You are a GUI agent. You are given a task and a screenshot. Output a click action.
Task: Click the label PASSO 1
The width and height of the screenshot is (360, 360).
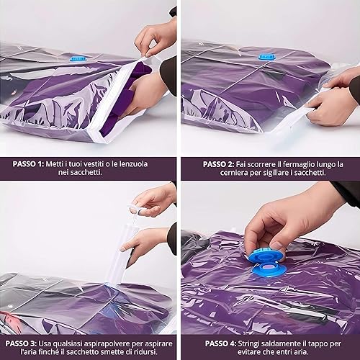28,164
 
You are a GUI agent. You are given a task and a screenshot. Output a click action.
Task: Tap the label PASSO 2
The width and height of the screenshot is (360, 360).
218,164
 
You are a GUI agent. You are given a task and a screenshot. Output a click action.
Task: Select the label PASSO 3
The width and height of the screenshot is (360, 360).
21,343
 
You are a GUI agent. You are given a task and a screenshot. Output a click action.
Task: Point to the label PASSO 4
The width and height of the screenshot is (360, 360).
220,343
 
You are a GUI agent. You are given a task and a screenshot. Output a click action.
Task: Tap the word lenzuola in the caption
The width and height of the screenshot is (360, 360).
133,164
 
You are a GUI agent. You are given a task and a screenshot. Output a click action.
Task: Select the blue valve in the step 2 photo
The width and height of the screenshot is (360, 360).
266,57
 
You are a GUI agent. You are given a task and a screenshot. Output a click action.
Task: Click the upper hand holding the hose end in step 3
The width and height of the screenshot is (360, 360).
153,200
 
